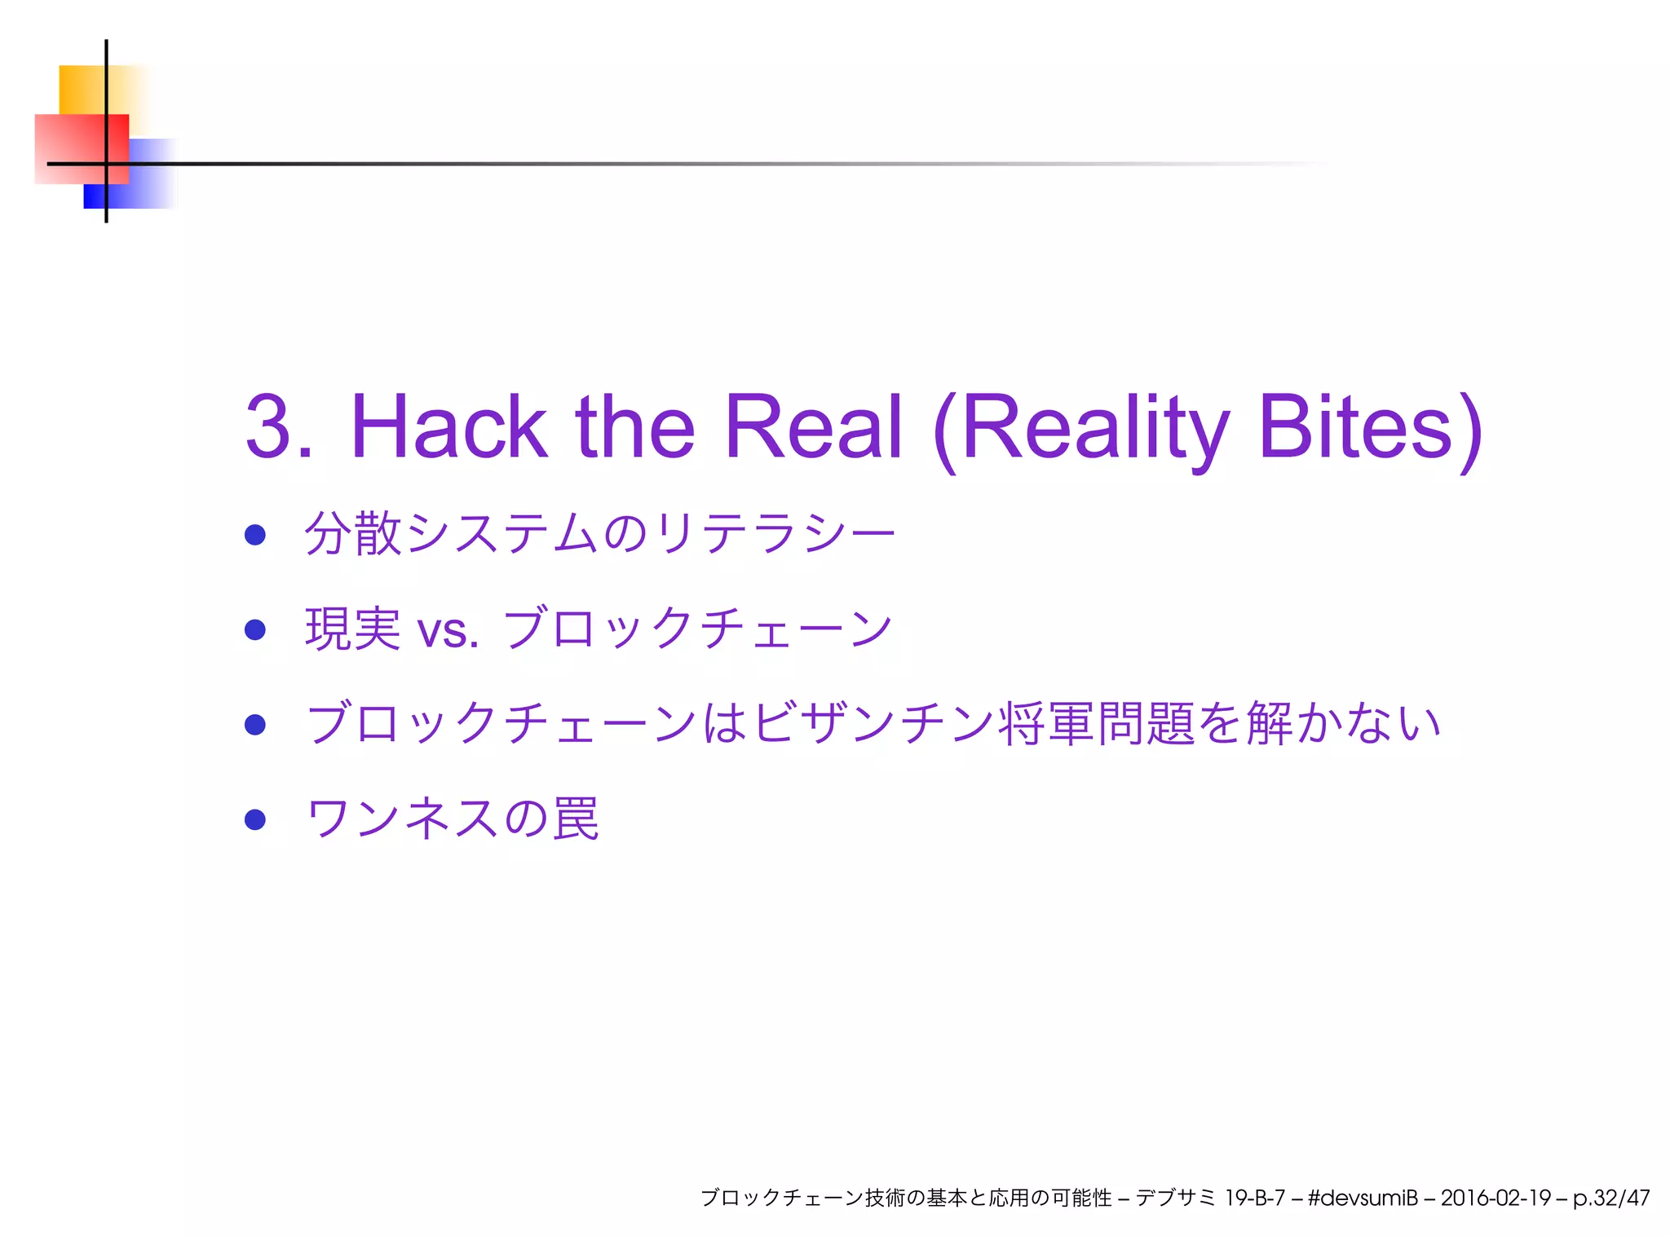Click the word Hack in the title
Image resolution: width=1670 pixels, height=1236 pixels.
(448, 426)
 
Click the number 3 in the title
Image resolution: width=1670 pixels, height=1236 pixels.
(269, 426)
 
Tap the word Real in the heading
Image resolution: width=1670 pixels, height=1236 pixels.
(813, 426)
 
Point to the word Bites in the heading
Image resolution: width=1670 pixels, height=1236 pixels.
(1355, 426)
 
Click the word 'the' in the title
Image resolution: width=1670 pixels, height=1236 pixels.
(634, 426)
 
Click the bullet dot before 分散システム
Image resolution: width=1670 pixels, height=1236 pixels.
(255, 535)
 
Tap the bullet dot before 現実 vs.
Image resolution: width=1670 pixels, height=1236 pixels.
(255, 629)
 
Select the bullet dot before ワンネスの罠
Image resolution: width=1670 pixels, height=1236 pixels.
(255, 819)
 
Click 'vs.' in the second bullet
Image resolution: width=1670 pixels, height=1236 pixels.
(447, 630)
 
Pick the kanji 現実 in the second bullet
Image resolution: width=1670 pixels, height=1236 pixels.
(352, 629)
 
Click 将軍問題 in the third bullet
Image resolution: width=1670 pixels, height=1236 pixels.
(1098, 724)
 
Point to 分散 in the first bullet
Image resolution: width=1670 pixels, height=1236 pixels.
(352, 535)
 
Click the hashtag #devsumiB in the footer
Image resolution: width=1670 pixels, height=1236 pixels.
(1363, 1198)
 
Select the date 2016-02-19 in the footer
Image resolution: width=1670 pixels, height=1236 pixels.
(1495, 1198)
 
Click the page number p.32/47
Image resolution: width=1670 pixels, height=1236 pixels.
(1611, 1198)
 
